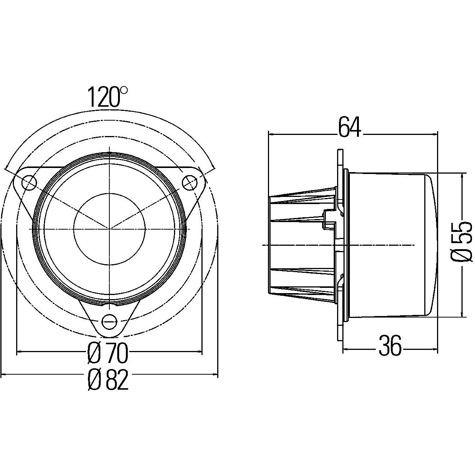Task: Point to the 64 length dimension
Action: [349, 127]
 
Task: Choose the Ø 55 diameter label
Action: [461, 241]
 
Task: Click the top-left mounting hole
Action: [29, 183]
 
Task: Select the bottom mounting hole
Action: [109, 321]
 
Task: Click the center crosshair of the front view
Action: [109, 228]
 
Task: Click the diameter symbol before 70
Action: [94, 353]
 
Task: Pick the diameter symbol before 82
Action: [94, 380]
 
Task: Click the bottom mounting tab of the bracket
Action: [109, 323]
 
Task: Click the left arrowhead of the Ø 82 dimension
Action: [4, 374]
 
